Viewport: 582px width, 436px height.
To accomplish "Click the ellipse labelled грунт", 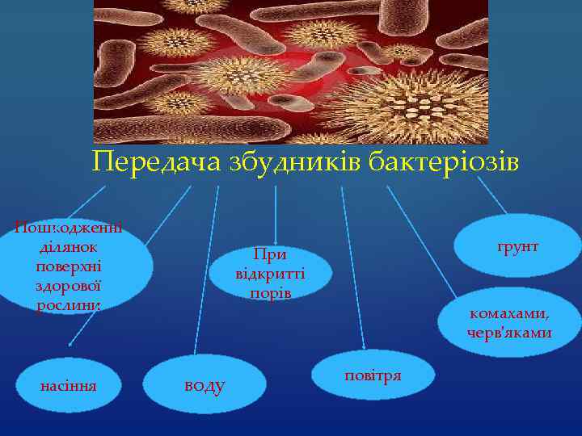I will [517, 245].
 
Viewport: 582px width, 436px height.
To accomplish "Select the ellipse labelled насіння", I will [69, 385].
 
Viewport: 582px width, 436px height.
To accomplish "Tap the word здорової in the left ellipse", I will [69, 286].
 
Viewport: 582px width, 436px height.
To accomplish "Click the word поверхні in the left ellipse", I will [69, 266].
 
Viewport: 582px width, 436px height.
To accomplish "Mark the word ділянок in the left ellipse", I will [69, 245].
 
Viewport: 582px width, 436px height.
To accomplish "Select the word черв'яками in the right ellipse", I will [509, 333].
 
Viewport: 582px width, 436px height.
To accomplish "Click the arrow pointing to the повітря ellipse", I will [353, 266].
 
